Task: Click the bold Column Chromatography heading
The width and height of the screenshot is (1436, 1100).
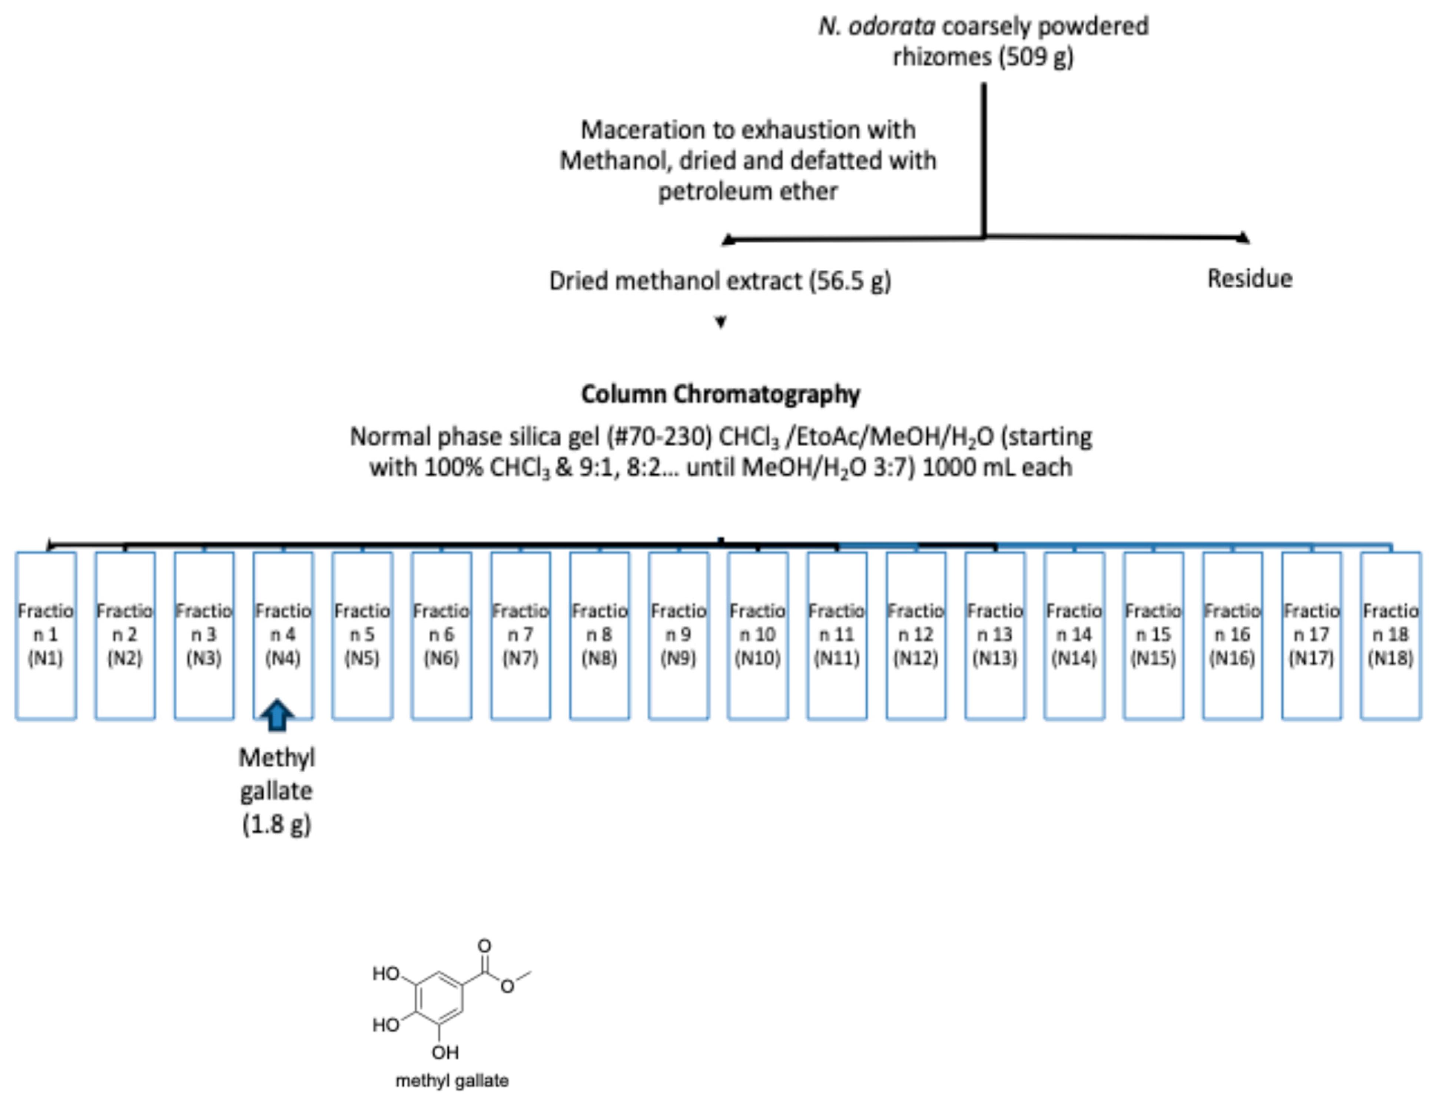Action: coord(720,394)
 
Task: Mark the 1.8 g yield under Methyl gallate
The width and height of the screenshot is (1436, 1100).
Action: coord(276,824)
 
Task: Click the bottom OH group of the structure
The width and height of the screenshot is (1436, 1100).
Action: coord(445,1052)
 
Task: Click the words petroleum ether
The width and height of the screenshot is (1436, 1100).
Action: coord(747,192)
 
